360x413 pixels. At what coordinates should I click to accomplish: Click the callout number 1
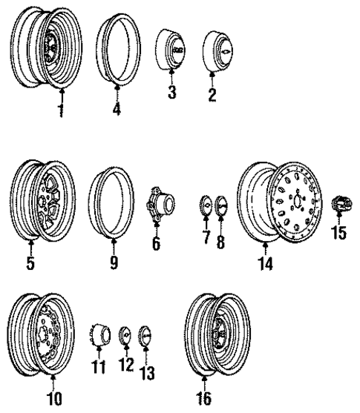tap(62, 112)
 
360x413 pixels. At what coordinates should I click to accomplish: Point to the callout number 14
tap(265, 264)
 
